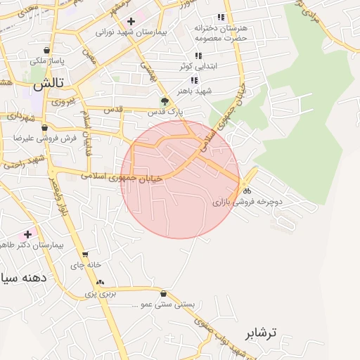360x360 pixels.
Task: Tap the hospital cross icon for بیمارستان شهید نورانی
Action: click(131, 21)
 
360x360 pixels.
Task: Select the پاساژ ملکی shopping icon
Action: click(46, 51)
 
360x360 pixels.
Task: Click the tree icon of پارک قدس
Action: click(165, 101)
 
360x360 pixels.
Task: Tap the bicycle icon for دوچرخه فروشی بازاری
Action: click(245, 191)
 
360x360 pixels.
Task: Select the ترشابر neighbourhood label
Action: click(262, 332)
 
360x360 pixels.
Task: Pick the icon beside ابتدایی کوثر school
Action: click(198, 56)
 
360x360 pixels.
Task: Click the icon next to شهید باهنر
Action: click(194, 81)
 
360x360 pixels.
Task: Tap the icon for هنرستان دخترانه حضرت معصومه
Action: click(221, 17)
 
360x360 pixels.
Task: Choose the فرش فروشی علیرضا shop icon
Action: click(45, 128)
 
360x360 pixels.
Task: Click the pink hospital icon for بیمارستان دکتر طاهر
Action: click(27, 233)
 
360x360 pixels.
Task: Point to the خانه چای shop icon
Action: click(85, 255)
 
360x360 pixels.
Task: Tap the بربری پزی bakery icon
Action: click(99, 283)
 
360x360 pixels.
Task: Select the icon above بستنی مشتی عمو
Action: click(164, 294)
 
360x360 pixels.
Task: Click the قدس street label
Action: click(114, 110)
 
